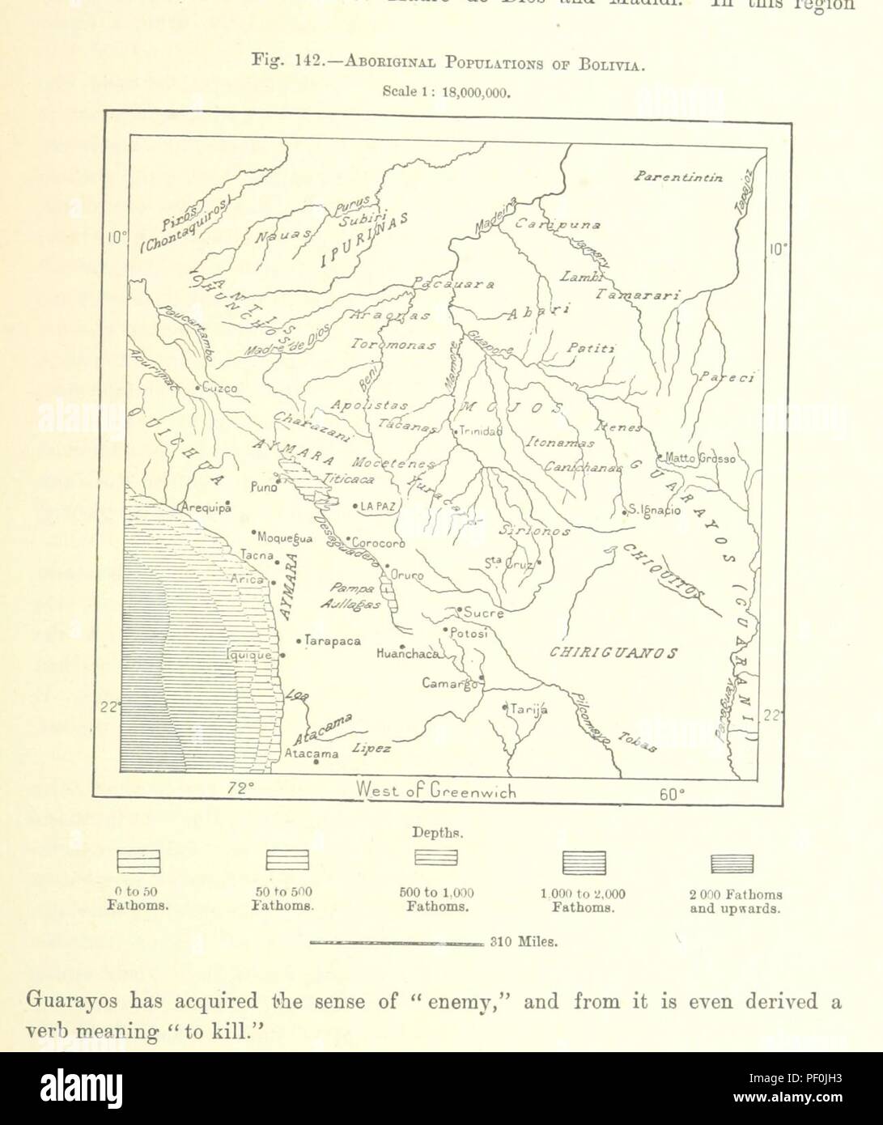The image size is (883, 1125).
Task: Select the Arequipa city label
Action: pos(206,507)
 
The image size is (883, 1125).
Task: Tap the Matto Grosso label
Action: pos(700,459)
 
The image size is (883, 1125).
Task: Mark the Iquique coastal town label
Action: pos(251,655)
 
